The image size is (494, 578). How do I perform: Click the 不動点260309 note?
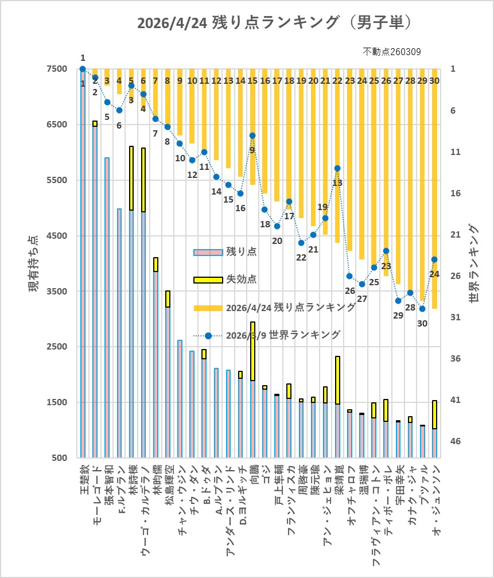[x=392, y=52]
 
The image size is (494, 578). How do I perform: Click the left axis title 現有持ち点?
[x=34, y=263]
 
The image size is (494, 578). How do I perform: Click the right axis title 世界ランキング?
[x=473, y=263]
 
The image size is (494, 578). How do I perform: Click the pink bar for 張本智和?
[x=107, y=308]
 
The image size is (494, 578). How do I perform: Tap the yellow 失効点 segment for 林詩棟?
[x=131, y=178]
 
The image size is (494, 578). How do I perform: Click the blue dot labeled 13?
[x=337, y=168]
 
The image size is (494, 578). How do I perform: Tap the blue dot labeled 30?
[x=422, y=309]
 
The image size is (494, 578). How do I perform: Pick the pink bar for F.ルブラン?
[x=119, y=333]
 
